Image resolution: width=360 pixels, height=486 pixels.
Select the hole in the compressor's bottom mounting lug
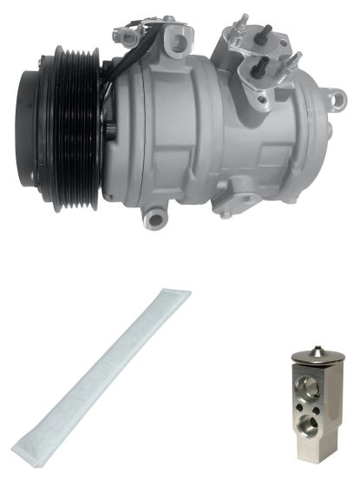[x=156, y=211]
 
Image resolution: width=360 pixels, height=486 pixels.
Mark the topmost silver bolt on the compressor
[x=243, y=20]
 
